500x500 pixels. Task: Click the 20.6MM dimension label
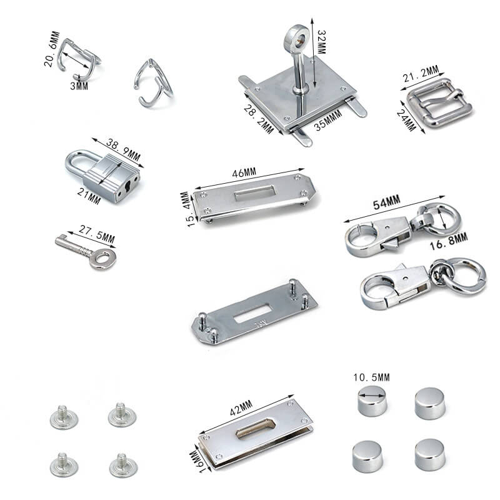52,49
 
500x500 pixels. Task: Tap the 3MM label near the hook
79,86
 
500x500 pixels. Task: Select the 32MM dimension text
321,42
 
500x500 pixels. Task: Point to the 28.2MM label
258,119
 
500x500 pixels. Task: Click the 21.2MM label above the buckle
421,74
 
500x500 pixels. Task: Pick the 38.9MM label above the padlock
123,149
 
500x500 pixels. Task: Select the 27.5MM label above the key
97,234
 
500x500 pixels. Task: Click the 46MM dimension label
244,173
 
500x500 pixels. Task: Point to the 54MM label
386,202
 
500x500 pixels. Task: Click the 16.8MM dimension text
448,241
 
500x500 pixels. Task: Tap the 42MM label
241,408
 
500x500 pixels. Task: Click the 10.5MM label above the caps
371,377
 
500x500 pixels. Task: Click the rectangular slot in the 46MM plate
255,193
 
